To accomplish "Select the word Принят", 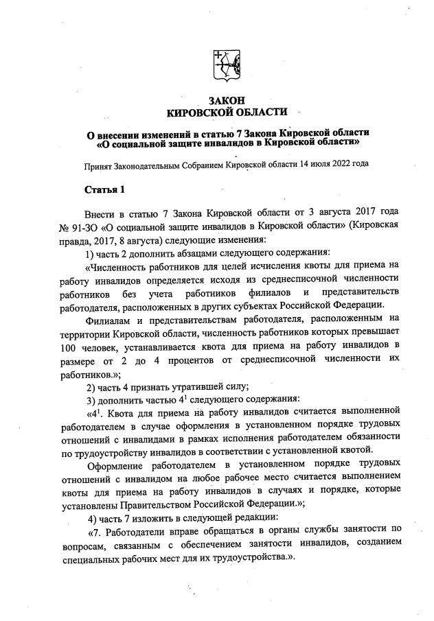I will (x=98, y=165).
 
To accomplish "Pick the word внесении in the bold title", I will (x=123, y=132).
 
